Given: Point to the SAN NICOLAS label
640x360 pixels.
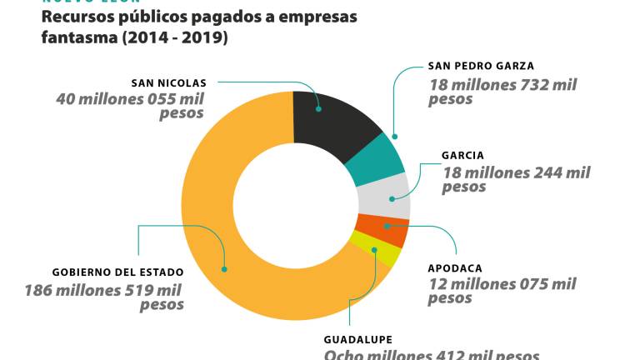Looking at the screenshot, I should (x=168, y=82).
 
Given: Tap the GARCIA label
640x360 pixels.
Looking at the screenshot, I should (x=462, y=155).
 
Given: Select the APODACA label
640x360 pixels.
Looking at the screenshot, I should (x=455, y=268).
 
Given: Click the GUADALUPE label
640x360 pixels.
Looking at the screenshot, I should (x=357, y=339).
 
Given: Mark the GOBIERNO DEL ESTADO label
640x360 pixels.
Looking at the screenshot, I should (x=117, y=272).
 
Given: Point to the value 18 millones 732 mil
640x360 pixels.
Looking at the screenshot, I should (x=502, y=84).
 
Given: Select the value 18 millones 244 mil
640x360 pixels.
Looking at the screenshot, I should (x=516, y=172).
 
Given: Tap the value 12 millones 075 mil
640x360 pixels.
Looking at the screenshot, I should (x=502, y=284).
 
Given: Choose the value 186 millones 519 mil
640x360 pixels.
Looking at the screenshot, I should (x=103, y=290).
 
